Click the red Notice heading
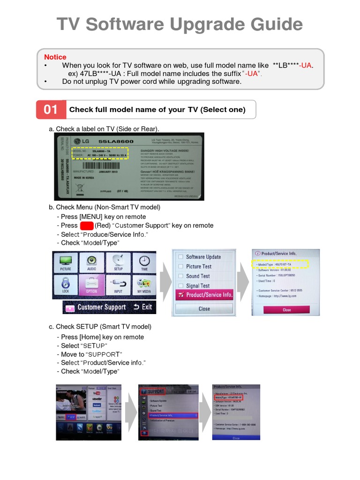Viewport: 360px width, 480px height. pos(55,57)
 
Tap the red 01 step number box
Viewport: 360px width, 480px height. pos(51,110)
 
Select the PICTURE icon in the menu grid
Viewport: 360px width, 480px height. pos(65,262)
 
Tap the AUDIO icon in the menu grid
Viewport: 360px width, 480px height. pos(91,262)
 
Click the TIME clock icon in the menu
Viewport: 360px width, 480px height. pos(144,262)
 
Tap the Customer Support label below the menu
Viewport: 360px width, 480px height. pos(101,307)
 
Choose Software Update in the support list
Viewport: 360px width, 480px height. pos(203,257)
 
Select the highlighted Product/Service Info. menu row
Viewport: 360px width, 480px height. pos(204,295)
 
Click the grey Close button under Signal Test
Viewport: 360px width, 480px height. pos(204,309)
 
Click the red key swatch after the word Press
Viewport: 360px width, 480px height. pos(86,225)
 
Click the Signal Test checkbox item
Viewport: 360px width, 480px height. pos(197,285)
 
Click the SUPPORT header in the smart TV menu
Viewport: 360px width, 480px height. pos(156,391)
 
